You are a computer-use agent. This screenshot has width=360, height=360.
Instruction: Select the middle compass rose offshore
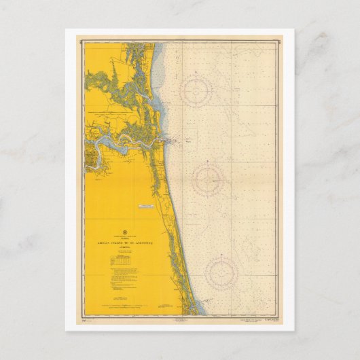(209, 180)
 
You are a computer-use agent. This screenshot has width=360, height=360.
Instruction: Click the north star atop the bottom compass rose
(221, 250)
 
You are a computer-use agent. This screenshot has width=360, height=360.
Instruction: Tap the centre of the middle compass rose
(209, 180)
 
